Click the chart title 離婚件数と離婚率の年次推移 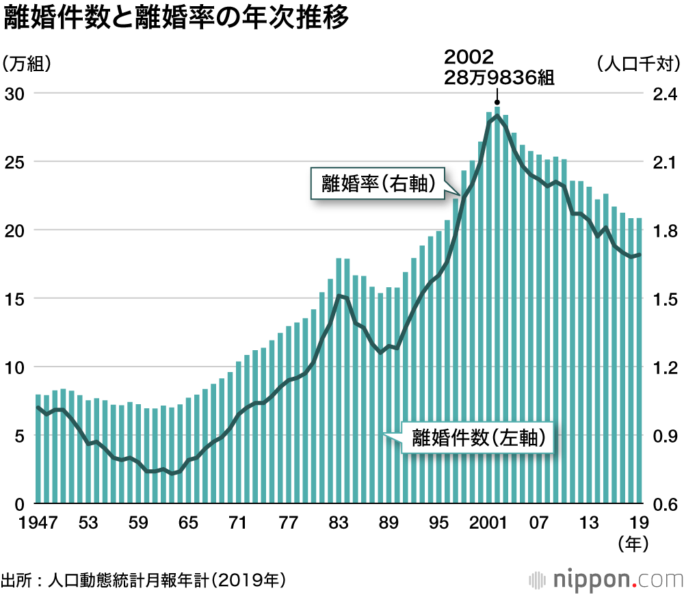pos(176,19)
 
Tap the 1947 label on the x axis pos(28,524)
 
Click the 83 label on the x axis pos(338,524)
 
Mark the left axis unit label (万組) pos(28,64)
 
